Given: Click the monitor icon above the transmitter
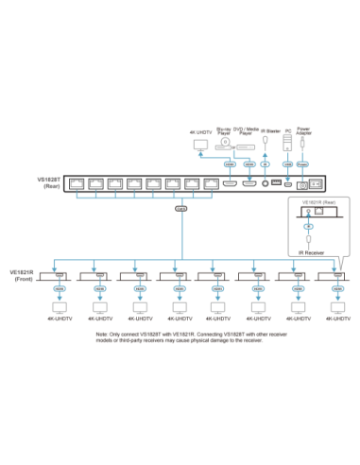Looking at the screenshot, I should (x=199, y=145).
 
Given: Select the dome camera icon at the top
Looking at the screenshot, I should (x=225, y=143).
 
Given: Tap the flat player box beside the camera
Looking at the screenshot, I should (x=246, y=147).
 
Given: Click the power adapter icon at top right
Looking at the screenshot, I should (x=302, y=143).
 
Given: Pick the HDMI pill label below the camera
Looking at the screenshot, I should (x=230, y=164).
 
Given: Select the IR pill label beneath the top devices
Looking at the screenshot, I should (x=265, y=164).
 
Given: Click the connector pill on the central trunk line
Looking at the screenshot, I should (x=180, y=210).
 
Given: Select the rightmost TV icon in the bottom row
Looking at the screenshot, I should (x=334, y=308).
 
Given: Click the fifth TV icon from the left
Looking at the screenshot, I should (x=216, y=308).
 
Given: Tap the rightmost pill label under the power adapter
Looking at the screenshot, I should (x=303, y=164).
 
